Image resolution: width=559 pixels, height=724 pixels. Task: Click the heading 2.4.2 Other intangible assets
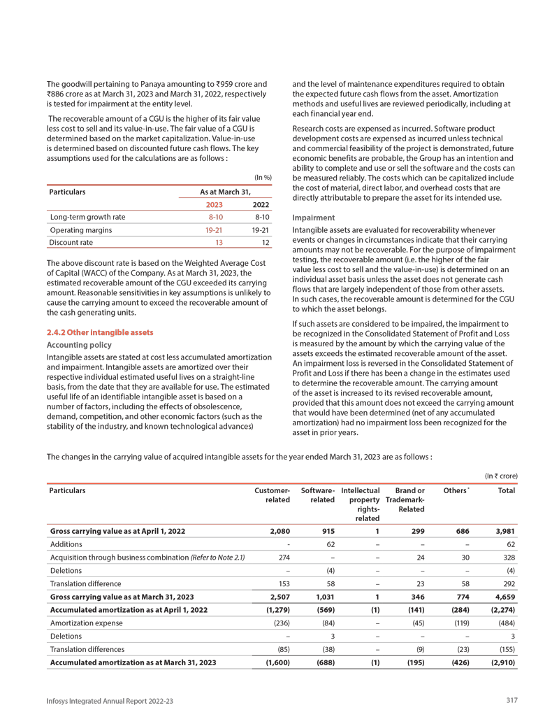pos(99,332)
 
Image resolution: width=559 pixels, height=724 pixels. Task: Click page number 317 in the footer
pos(511,701)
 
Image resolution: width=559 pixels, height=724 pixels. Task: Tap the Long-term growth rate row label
pos(88,216)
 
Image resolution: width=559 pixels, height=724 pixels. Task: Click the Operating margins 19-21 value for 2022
pos(260,229)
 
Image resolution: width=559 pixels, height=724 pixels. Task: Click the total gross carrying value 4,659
pos(502,597)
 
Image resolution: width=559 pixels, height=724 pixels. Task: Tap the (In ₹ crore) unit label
pos(501,476)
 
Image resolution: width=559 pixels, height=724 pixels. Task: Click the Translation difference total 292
pos(506,583)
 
